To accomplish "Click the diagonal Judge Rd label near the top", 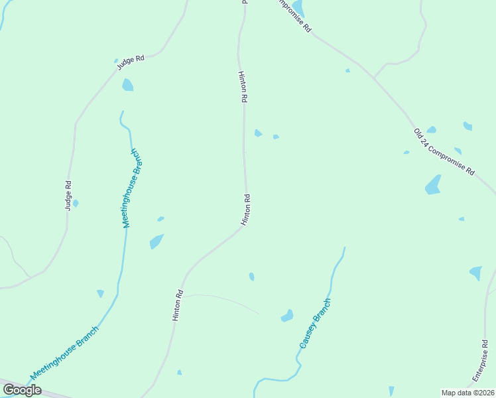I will click(131, 62).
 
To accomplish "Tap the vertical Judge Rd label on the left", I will click(68, 196).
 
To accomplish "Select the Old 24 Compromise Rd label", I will click(444, 151).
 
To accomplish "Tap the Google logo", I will click(22, 390).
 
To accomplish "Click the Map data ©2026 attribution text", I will click(468, 393).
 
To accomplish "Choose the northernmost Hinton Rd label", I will click(243, 86).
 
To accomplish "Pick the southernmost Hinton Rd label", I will click(177, 306).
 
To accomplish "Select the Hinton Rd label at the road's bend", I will click(245, 210).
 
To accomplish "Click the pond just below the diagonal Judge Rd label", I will click(127, 85).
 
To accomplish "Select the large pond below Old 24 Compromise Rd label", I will click(433, 184).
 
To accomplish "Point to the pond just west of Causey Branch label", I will click(287, 316).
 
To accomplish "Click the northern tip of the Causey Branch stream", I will click(345, 248).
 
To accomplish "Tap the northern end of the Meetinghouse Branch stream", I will click(122, 111).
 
